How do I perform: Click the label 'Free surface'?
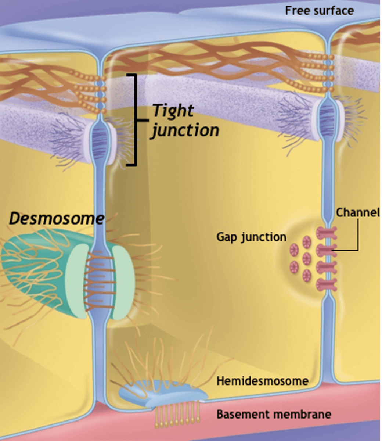coord(319,10)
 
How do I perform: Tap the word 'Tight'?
coord(172,110)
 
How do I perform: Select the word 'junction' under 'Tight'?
coord(185,130)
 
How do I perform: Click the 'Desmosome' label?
coord(56,219)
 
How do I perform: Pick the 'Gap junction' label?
coord(251,237)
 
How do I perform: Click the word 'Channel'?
coord(357,212)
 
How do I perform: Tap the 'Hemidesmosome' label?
coord(262,381)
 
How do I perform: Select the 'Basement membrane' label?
coord(274,414)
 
